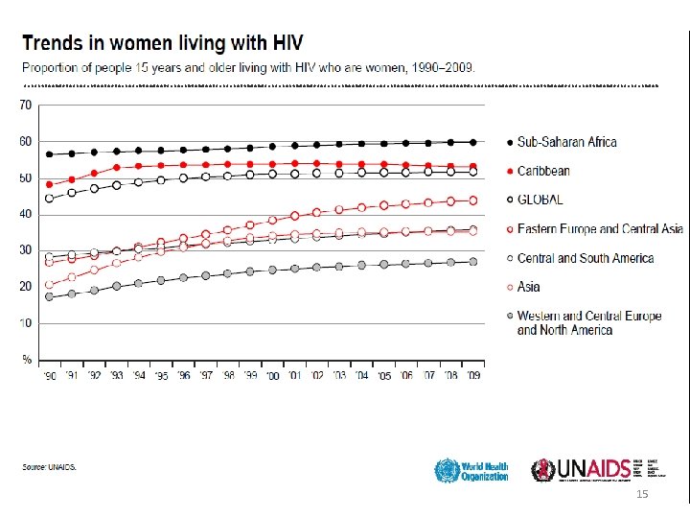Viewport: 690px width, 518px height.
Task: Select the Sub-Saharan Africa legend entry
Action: click(x=566, y=142)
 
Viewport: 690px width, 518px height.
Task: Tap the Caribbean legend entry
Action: click(x=543, y=171)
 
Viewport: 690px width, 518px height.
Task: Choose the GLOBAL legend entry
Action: click(x=540, y=200)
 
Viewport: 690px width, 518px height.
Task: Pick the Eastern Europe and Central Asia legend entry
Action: click(x=600, y=228)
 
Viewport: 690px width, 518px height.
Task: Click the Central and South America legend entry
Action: click(x=586, y=257)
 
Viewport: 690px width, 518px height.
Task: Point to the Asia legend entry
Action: click(x=529, y=286)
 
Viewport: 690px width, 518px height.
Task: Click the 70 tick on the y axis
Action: click(x=26, y=105)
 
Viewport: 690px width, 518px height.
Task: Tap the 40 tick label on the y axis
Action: click(x=26, y=214)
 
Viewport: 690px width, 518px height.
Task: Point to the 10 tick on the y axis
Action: click(x=26, y=322)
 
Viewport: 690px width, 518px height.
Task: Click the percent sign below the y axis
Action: click(x=26, y=359)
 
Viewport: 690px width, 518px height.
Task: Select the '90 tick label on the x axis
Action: click(x=50, y=377)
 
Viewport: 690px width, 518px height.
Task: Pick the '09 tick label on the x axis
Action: click(x=472, y=377)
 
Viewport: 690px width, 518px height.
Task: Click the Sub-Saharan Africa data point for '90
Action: click(x=50, y=153)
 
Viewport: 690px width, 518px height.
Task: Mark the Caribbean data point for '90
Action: click(x=50, y=184)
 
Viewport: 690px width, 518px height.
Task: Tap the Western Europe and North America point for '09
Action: click(x=472, y=261)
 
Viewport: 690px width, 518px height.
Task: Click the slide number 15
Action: click(x=642, y=492)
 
